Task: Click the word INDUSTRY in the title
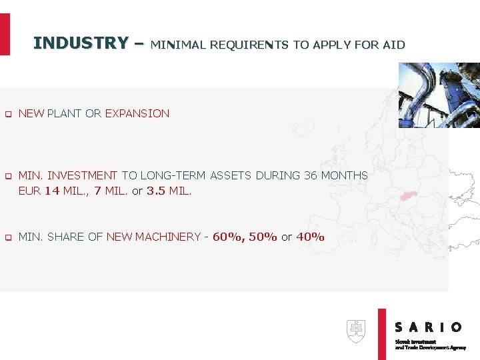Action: click(x=80, y=43)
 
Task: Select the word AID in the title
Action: click(x=394, y=45)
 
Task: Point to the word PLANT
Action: click(x=65, y=113)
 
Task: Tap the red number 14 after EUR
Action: click(x=52, y=191)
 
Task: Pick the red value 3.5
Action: click(x=155, y=191)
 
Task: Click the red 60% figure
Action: click(x=228, y=237)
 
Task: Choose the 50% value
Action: click(x=263, y=237)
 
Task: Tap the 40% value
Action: click(x=310, y=237)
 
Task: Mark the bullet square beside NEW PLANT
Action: click(x=8, y=114)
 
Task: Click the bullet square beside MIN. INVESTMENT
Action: click(x=8, y=176)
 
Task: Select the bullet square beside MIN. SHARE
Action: click(x=8, y=237)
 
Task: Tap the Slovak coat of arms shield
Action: click(x=356, y=331)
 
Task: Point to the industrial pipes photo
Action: click(x=438, y=95)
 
